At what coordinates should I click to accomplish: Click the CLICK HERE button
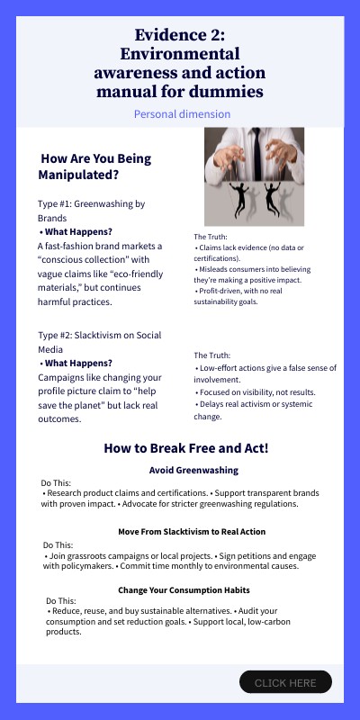[x=285, y=682]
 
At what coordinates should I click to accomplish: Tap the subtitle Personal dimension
[x=182, y=114]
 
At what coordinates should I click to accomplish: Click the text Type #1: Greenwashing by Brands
[x=91, y=211]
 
